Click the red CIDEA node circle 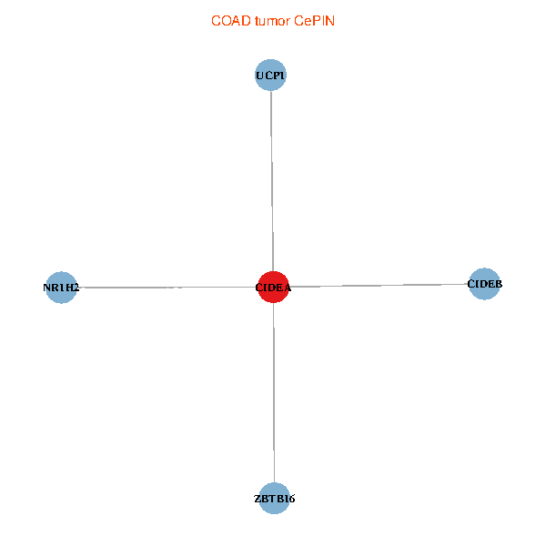(x=273, y=287)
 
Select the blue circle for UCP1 (x=270, y=75)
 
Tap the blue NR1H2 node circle (x=61, y=288)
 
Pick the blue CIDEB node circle (x=484, y=284)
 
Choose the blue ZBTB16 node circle (x=275, y=499)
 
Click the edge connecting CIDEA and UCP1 (x=272, y=181)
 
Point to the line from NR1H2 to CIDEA (x=167, y=288)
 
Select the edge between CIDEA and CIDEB (x=379, y=286)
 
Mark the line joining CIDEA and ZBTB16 (x=274, y=393)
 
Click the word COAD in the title (x=231, y=21)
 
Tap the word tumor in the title (x=272, y=21)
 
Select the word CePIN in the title (x=314, y=21)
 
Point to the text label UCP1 (x=270, y=76)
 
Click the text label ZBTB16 (x=275, y=499)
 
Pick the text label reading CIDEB (x=485, y=284)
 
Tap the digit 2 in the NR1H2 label (x=76, y=288)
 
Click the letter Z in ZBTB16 (x=258, y=499)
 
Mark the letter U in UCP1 (x=259, y=76)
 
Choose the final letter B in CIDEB (x=499, y=284)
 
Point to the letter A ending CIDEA (x=288, y=288)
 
